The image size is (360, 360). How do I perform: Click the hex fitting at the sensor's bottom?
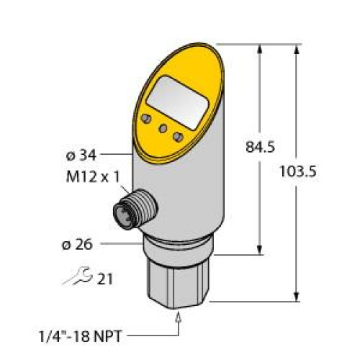tap(178, 280)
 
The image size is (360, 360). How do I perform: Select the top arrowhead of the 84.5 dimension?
tap(258, 49)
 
